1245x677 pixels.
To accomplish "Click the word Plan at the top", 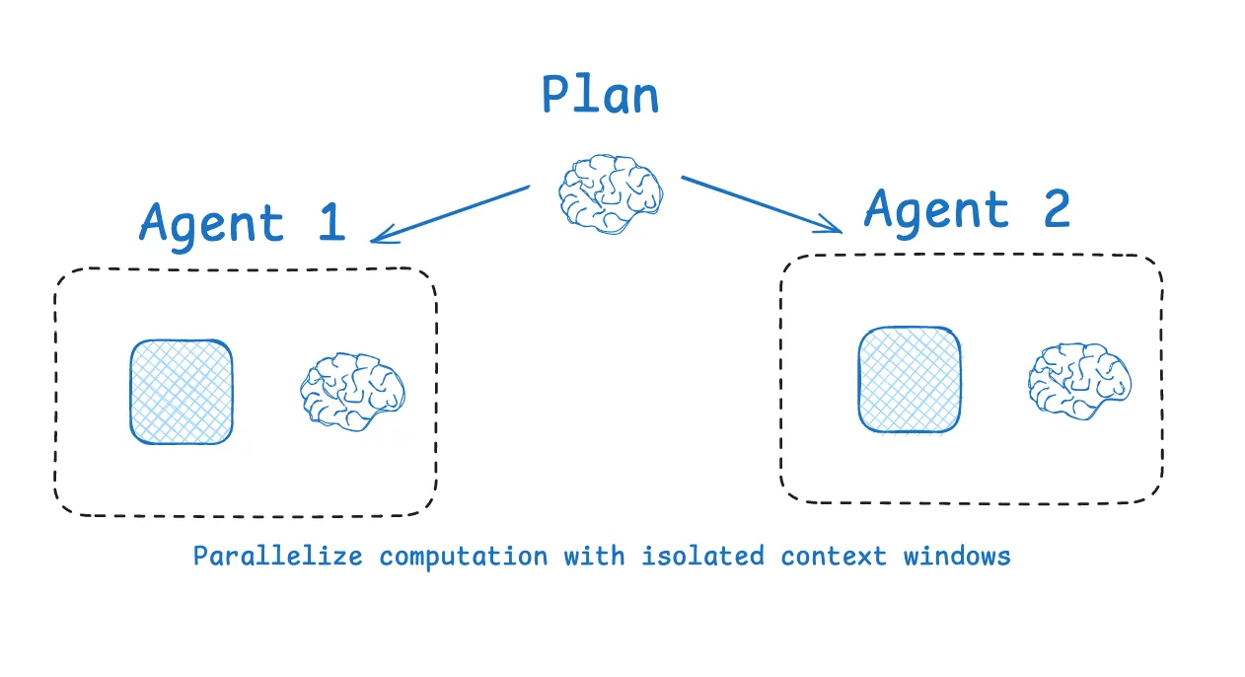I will click(x=600, y=97).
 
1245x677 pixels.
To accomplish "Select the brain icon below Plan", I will click(x=610, y=193).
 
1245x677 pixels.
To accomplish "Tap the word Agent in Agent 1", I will click(x=212, y=223).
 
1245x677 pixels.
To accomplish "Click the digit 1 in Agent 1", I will click(x=330, y=221).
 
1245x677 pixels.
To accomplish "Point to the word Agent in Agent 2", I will click(x=937, y=210).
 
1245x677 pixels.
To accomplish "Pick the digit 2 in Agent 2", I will click(x=1056, y=208).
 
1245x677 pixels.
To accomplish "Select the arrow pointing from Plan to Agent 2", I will click(x=760, y=204).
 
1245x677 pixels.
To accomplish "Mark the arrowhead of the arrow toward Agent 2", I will click(x=835, y=228).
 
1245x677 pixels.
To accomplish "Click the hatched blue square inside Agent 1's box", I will click(x=183, y=392).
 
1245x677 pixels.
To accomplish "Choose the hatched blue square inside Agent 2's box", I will click(x=910, y=380).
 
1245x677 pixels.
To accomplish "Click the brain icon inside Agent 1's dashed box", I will click(x=352, y=391).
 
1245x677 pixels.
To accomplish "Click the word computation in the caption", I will click(x=464, y=557).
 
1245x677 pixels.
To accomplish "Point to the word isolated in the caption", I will click(x=702, y=556).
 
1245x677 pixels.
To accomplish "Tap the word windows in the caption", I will click(x=957, y=556).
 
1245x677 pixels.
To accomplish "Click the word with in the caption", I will click(x=594, y=556).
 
